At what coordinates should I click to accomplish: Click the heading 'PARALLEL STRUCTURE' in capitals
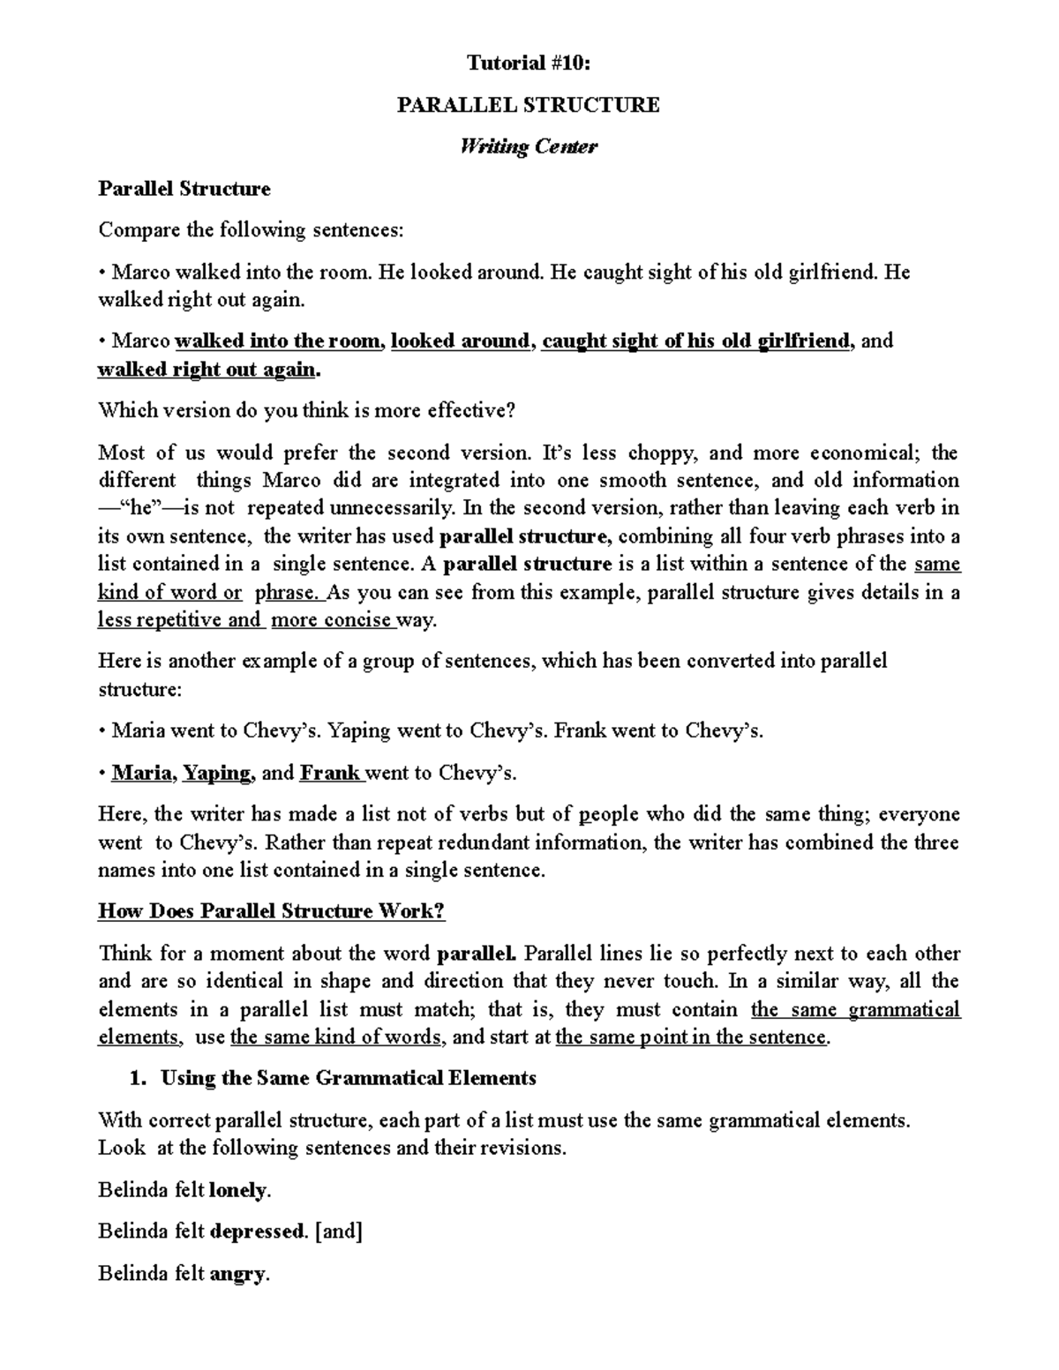pos(528,105)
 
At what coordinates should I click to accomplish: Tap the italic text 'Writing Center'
pos(528,146)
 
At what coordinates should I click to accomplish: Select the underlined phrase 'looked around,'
pos(462,341)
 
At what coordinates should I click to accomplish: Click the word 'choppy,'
pos(664,453)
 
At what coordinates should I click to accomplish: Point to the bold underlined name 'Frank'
pos(330,774)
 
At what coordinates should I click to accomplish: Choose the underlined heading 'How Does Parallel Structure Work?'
pos(271,911)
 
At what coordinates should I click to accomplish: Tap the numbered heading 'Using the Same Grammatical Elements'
pos(348,1078)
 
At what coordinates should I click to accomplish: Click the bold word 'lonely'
pos(238,1191)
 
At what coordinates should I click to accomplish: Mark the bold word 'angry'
pos(237,1274)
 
